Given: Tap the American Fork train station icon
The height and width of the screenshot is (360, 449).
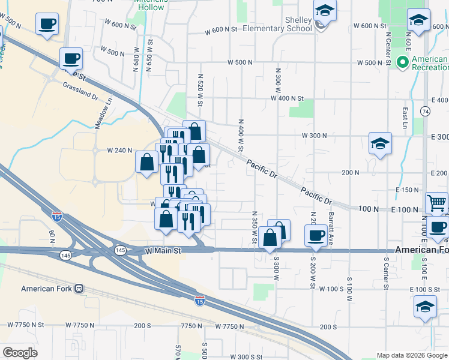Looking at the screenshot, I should (79, 289).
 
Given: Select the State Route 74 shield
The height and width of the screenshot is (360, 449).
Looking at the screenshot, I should (425, 112).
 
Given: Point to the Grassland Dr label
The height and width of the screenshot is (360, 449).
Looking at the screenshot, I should (80, 91).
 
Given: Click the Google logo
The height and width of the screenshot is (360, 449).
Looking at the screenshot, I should (20, 353).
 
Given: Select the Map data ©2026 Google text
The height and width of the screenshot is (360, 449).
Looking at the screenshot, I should (412, 355).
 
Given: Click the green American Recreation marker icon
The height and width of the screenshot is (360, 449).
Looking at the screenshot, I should (402, 61).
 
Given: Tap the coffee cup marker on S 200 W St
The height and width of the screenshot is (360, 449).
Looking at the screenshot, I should (316, 235).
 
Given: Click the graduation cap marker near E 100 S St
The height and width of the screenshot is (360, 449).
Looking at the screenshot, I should (425, 306).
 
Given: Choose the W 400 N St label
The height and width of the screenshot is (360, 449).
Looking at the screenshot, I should (288, 98).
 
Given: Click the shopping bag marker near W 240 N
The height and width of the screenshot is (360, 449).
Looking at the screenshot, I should (148, 161).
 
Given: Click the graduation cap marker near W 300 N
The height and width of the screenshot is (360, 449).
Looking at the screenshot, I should (380, 143).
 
